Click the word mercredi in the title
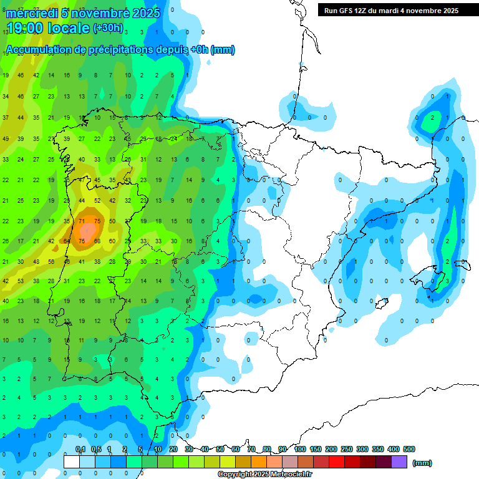[x=31, y=13]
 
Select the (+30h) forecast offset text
[x=108, y=28]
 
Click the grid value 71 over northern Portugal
[x=82, y=221]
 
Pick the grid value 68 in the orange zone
[x=97, y=241]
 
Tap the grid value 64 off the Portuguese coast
[x=67, y=241]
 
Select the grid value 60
[x=112, y=241]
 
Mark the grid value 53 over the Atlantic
[x=21, y=281]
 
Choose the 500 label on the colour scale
[x=409, y=449]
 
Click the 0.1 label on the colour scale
[x=80, y=449]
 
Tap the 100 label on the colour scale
[x=299, y=449]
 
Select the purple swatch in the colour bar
[x=399, y=462]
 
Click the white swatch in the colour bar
[x=72, y=462]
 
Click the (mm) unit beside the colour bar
[x=422, y=463]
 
